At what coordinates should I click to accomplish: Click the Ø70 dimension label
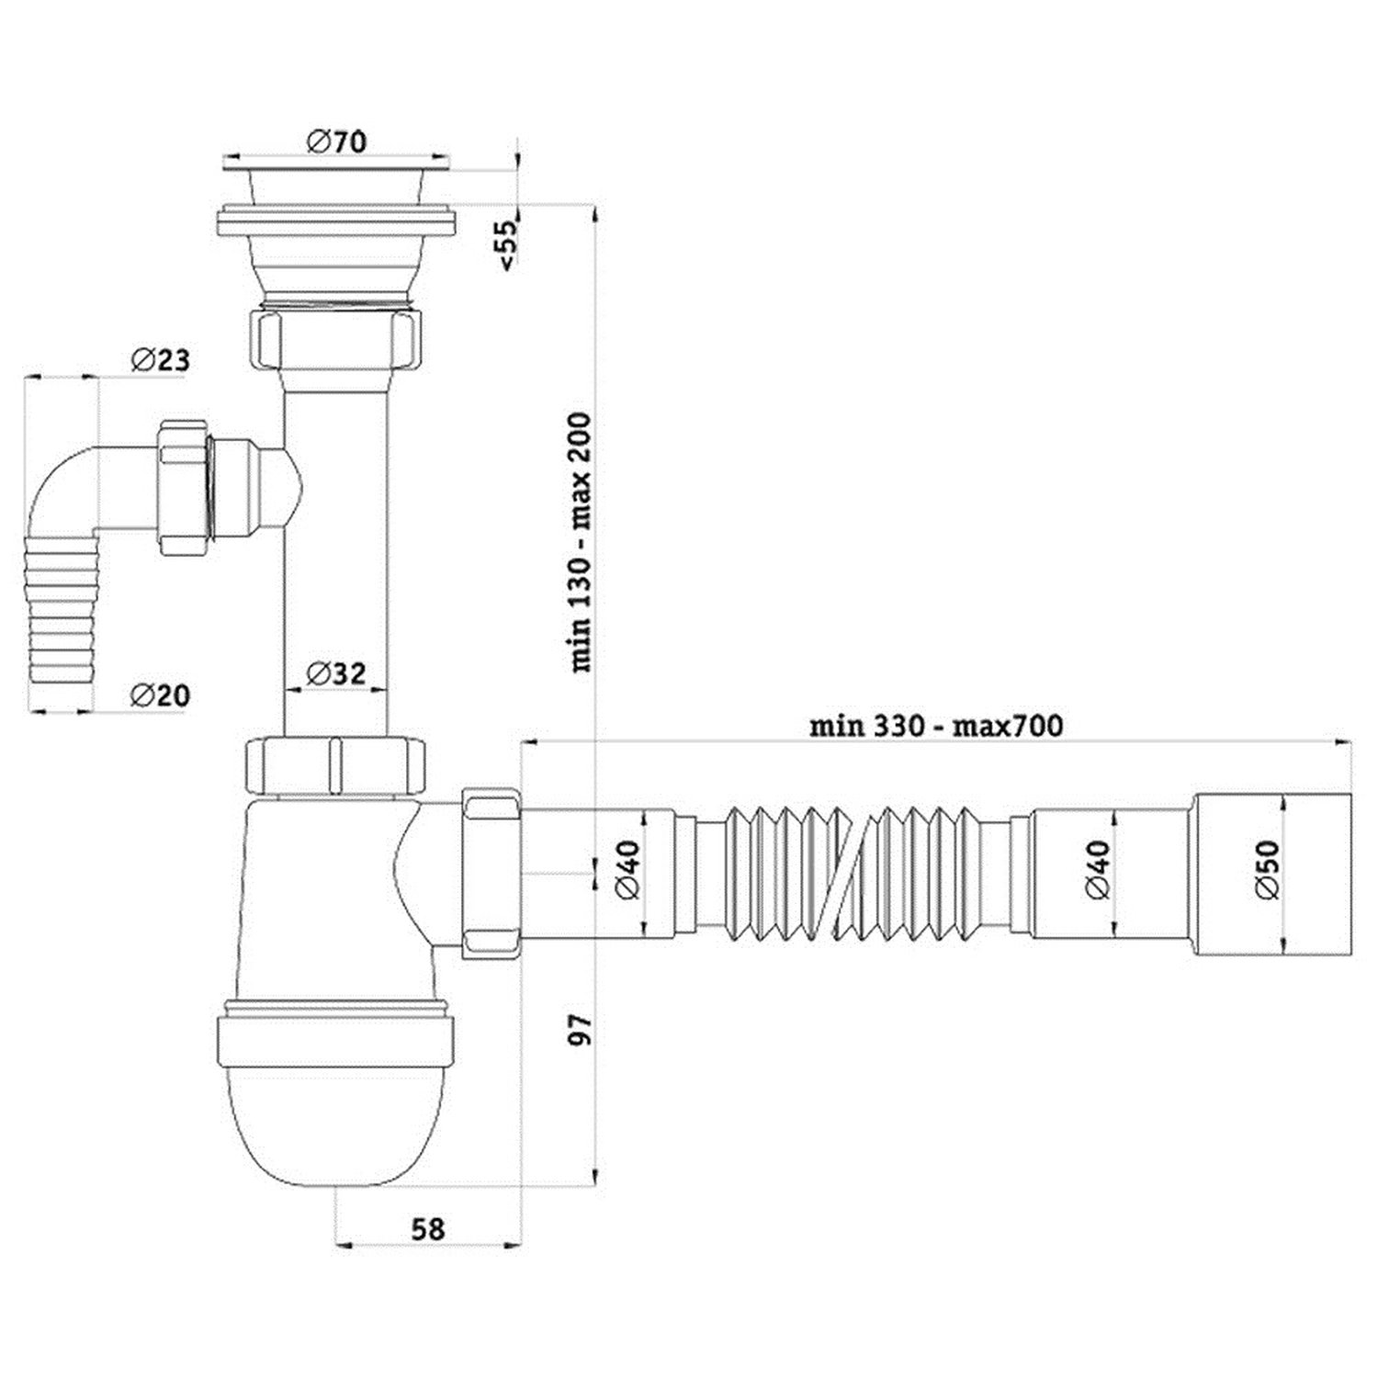[337, 141]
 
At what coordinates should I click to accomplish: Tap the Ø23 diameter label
[160, 359]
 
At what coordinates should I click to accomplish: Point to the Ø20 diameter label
[160, 695]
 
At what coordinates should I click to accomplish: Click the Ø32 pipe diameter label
[335, 673]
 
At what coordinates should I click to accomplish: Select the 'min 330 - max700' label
[936, 726]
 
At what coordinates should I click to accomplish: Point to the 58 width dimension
[428, 1228]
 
